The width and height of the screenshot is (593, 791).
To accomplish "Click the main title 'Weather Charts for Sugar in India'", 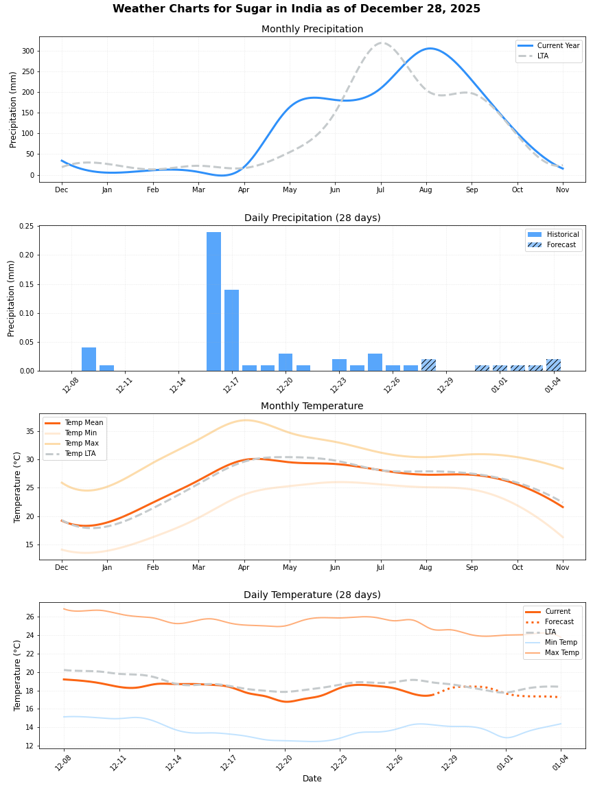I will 296,9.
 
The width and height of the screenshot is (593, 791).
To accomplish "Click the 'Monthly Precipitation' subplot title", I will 312,29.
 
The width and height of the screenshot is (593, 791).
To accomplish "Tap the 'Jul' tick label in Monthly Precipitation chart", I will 380,190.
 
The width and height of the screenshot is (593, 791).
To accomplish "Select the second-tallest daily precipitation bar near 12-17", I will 231,330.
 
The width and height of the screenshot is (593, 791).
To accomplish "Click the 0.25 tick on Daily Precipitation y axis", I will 25,226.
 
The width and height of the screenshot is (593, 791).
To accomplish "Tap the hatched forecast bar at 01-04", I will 553,365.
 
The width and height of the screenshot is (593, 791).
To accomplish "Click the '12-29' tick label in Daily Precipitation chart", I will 444,385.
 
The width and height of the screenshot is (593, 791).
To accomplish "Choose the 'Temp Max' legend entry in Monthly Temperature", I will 80,444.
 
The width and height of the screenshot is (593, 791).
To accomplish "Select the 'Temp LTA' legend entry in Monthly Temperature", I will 80,454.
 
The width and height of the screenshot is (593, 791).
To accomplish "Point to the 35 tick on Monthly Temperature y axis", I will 30,431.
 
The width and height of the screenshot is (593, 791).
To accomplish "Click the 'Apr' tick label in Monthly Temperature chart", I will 244,567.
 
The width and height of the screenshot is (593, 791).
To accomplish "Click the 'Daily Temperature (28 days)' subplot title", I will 312,595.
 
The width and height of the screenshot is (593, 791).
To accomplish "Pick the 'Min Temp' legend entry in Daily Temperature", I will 561,642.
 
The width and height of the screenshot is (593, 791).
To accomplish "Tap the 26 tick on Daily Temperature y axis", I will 30,617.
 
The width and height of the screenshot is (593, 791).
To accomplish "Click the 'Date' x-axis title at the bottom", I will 312,778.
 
